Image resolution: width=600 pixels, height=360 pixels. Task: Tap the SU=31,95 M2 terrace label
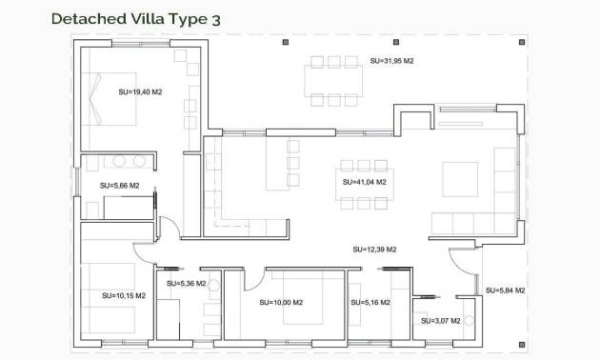coord(391,60)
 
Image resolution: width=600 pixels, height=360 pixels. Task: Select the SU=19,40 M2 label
coord(140,92)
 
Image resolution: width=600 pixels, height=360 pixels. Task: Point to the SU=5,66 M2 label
coord(120,186)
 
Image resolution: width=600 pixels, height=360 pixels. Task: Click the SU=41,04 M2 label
coord(364,181)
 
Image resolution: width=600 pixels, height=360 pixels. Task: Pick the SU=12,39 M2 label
coord(374,250)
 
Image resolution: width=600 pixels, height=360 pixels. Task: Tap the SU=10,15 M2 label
coord(124,296)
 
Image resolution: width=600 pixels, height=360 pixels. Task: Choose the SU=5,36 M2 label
coord(186,283)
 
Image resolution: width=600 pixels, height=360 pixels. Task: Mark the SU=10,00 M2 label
coord(281,303)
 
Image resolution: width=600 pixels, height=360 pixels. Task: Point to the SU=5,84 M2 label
coord(506,290)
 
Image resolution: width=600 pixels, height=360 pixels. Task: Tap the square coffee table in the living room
coord(460,178)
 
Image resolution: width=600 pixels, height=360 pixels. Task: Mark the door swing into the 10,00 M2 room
coord(253,277)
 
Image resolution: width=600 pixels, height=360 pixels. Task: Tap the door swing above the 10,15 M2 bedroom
coord(166,231)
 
